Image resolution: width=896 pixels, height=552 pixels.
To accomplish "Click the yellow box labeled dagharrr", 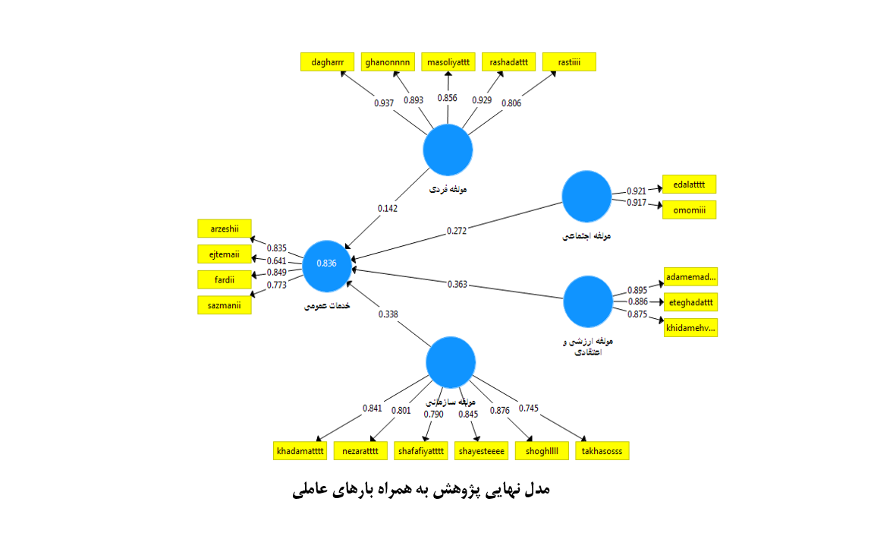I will [x=327, y=62].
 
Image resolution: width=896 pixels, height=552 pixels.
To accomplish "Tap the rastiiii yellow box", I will [x=569, y=62].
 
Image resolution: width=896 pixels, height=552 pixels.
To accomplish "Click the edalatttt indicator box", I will [x=689, y=185].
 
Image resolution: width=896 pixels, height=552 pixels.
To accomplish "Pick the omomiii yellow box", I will [x=689, y=210].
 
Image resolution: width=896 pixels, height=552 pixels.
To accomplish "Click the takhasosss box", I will [x=602, y=450].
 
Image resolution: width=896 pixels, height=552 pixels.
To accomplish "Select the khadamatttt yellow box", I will [x=300, y=450].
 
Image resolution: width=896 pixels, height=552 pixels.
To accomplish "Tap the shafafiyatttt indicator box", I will [x=421, y=450].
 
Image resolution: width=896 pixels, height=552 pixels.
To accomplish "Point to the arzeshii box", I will [x=224, y=228].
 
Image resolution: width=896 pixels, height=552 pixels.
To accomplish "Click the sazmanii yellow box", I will [x=224, y=304].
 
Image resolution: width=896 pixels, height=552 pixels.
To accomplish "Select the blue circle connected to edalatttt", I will [x=586, y=196].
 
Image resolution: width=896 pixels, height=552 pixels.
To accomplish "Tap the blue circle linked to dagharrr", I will [x=448, y=150].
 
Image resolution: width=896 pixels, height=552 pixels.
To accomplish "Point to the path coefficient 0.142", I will [x=387, y=208].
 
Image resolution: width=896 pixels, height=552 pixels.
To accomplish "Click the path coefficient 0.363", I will [x=457, y=285].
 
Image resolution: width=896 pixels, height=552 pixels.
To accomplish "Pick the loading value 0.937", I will [x=384, y=103].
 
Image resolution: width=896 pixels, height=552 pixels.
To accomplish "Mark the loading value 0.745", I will [x=529, y=408].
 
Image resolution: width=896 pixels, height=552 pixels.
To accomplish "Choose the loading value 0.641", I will [x=277, y=260].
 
